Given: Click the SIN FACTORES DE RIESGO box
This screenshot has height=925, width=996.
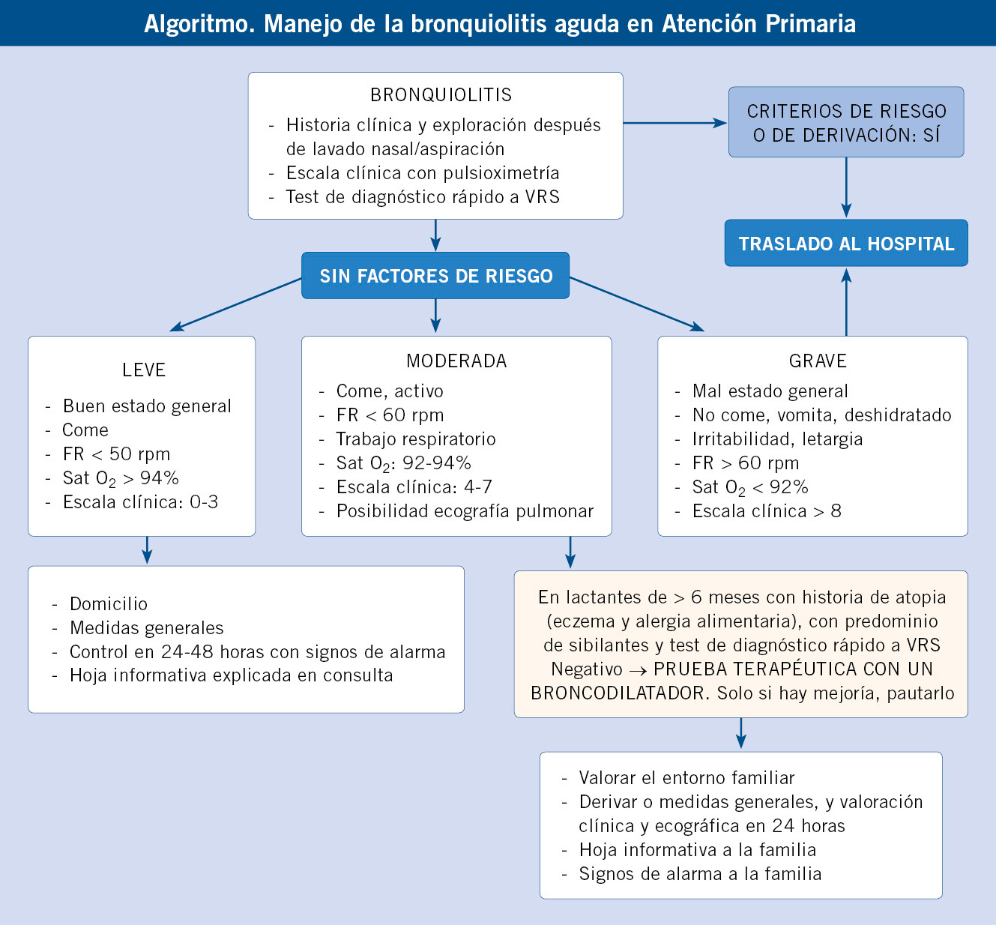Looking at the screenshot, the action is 435,275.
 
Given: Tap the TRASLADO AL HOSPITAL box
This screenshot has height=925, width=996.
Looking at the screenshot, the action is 846,244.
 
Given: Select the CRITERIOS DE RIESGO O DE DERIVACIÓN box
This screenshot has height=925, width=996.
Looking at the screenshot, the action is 846,122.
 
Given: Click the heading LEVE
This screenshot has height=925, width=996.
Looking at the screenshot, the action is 144,370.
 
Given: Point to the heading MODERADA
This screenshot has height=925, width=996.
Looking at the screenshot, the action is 456,361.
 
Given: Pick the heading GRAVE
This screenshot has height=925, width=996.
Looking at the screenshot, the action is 818,361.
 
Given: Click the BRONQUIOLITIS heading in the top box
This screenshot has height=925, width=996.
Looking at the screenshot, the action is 441,94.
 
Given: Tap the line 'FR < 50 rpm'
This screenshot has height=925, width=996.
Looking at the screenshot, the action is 116,454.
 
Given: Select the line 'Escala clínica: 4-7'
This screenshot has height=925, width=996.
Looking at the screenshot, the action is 414,486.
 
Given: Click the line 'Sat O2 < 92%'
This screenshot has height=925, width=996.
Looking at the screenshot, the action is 750,487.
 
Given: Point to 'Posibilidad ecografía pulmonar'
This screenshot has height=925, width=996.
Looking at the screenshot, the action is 465,511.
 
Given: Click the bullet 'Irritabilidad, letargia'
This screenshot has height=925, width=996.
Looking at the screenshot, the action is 777,439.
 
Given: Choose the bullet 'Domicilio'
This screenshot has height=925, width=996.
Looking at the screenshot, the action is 109,603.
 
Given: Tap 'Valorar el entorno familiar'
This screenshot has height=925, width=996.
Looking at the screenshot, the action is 686,777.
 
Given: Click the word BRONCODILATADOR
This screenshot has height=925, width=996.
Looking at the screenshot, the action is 621,693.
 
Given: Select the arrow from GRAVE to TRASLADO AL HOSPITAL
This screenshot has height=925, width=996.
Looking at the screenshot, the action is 846,302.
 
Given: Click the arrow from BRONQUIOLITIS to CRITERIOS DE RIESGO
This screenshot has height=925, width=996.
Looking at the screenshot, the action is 675,123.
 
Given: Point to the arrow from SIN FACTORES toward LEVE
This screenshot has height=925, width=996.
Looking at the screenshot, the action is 235,304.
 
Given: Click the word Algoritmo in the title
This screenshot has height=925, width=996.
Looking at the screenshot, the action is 199,23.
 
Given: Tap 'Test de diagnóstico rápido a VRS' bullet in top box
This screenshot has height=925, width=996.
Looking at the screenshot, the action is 422,196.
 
